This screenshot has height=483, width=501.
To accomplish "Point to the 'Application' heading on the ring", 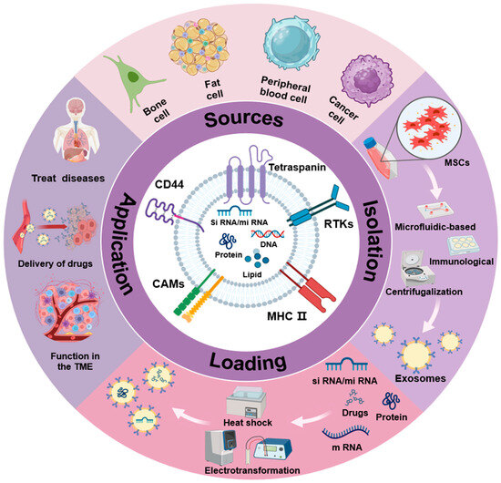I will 128,241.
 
